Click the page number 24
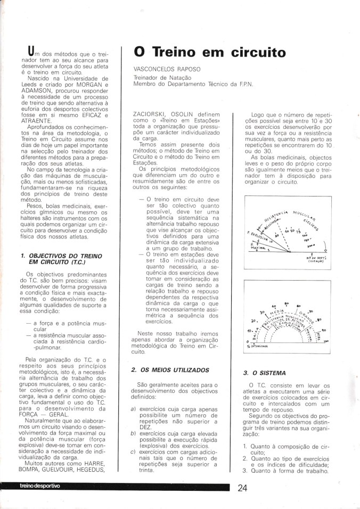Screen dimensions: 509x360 (242, 489)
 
